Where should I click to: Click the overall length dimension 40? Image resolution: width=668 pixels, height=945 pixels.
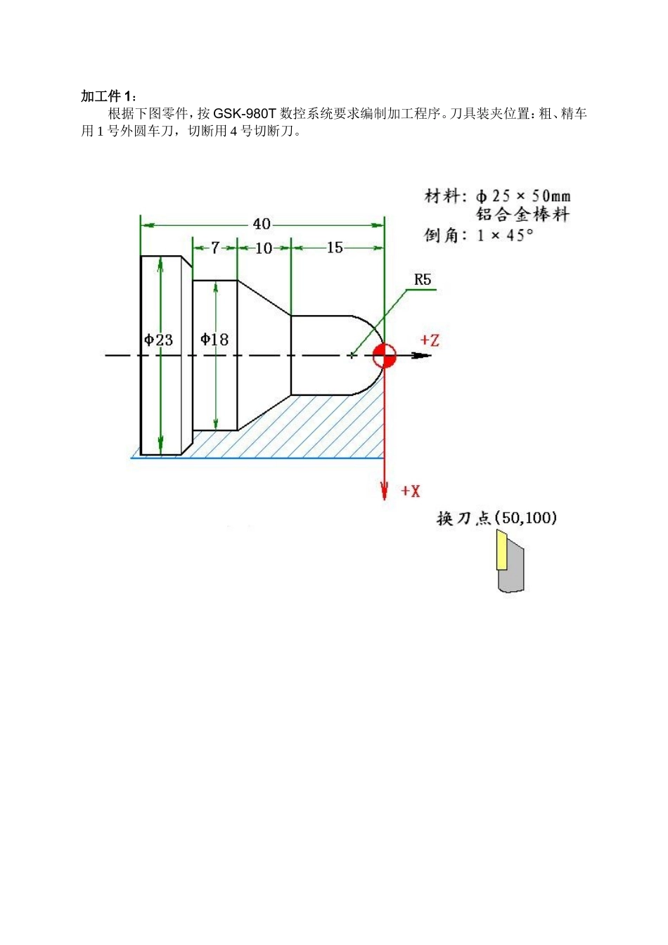pos(262,224)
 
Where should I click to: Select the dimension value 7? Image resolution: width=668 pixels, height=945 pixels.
pos(215,247)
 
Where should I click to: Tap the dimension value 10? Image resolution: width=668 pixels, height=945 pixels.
pos(264,248)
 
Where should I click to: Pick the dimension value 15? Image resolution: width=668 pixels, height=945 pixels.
pos(335,247)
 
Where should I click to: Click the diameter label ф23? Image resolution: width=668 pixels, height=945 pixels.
pos(159,340)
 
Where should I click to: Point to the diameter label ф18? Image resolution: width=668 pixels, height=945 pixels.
pos(214,340)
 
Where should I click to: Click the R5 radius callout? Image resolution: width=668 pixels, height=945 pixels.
pos(422,280)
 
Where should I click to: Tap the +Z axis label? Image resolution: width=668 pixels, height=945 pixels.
pos(430,340)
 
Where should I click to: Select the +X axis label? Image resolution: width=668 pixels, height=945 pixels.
pos(411,491)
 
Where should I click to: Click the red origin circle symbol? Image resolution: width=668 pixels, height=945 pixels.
pos(384,356)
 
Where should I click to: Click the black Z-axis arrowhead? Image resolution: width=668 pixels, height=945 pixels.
pos(422,356)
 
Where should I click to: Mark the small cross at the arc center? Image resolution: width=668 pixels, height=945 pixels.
pos(351,356)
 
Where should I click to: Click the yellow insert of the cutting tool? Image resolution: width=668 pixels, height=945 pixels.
pos(501,551)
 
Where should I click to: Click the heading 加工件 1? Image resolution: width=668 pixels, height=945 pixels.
pos(110,96)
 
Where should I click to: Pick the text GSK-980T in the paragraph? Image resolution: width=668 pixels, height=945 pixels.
pos(245,114)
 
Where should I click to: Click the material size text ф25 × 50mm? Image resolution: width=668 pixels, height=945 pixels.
pos(523,196)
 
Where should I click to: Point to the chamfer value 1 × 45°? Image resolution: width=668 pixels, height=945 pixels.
pos(505,236)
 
